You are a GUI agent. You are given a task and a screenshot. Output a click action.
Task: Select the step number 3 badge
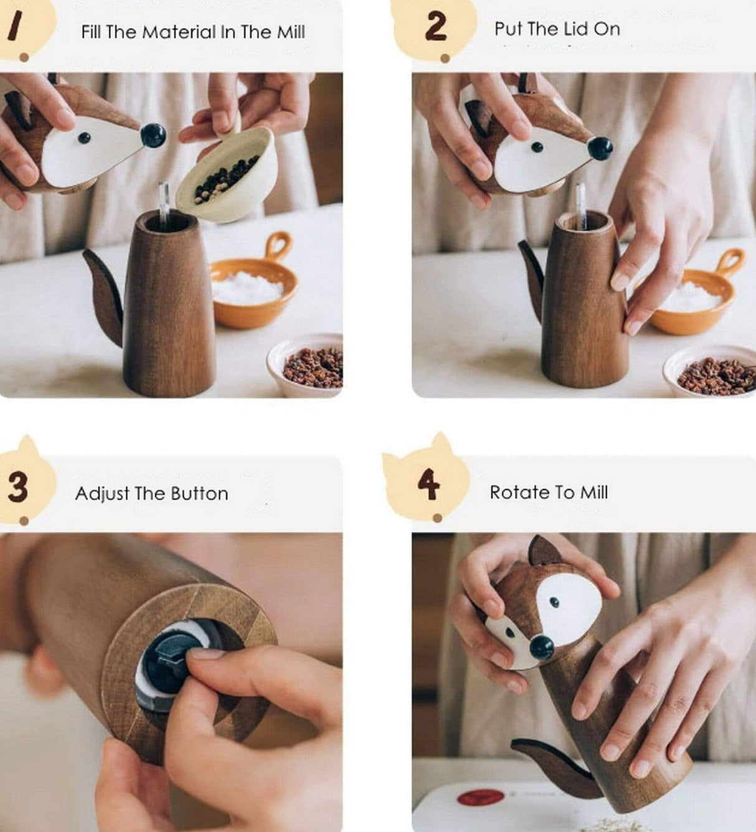pos(19,486)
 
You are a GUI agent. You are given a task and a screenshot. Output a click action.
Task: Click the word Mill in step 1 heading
pos(291,32)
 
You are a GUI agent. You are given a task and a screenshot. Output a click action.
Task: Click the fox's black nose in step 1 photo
pos(153,135)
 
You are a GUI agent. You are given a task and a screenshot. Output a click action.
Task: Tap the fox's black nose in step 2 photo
pos(600,148)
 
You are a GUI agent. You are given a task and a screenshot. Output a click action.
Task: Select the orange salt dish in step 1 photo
pos(253,293)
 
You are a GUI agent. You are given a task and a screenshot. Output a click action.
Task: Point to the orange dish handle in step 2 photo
pos(732,260)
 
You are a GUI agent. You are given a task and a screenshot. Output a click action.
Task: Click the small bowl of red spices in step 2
pos(713,372)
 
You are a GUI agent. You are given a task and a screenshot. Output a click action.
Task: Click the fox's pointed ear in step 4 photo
pos(543,552)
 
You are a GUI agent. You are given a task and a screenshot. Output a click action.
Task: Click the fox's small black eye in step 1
pos(84,138)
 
